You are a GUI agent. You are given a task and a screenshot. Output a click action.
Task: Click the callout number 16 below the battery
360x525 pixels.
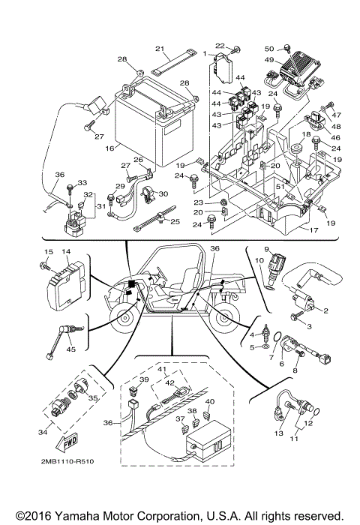(110, 149)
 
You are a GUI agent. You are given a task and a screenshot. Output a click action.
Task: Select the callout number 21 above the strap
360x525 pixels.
(160, 49)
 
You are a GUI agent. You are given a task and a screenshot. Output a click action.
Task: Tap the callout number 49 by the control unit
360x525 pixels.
(268, 61)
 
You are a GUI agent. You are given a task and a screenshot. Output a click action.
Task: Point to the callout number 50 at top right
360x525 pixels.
(268, 48)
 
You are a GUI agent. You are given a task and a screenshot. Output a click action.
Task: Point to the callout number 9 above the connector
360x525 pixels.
(265, 248)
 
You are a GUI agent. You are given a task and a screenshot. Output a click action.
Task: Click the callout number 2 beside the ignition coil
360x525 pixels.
(326, 310)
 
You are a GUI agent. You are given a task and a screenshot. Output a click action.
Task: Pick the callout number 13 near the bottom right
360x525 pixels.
(277, 434)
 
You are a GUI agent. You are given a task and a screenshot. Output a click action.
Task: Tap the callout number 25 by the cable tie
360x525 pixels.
(175, 222)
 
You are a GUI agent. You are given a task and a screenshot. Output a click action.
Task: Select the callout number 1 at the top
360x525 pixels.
(204, 54)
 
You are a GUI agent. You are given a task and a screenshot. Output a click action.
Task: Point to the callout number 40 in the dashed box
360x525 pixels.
(210, 402)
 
